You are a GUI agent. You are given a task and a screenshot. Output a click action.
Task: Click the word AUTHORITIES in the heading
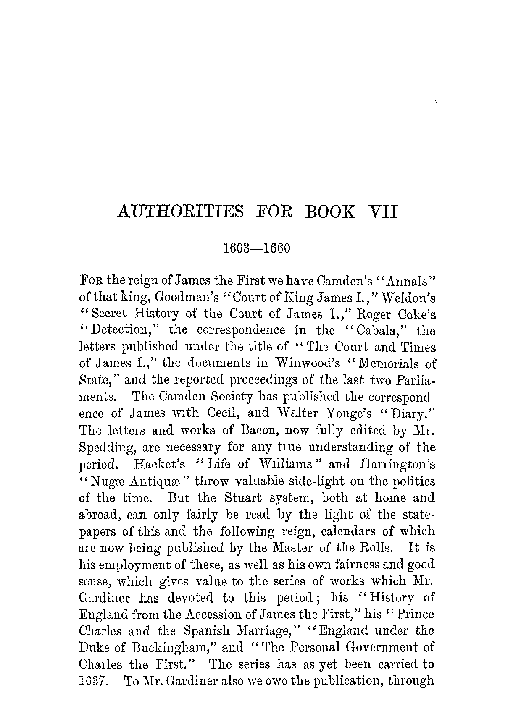pos(179,212)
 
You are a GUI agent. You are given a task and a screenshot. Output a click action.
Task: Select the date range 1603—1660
pos(256,248)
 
